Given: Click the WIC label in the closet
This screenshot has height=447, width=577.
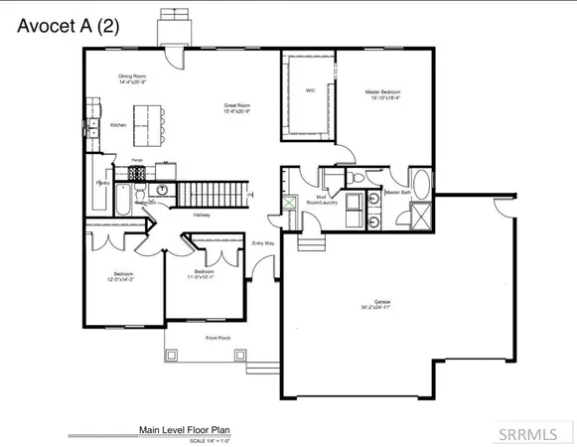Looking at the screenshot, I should coord(309,90).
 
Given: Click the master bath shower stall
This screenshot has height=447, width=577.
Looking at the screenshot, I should coord(421,214).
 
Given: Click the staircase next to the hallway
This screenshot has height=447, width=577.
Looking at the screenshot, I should coord(212,193).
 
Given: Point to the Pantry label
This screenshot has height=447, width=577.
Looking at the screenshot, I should coord(102,184).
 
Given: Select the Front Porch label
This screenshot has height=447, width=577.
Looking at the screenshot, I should coord(218,338).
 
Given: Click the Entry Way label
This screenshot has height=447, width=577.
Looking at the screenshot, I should coord(263,242).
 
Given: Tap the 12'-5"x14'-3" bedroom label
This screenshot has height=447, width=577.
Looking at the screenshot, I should coord(123,276).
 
